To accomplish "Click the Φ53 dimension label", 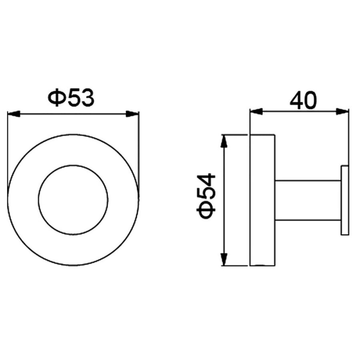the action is tap(71, 98).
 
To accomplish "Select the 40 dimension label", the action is tap(303, 100).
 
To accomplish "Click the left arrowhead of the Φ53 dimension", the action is tap(14, 114).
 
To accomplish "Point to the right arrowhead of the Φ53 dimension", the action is tap(133, 114).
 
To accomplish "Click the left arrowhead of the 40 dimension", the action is tap(256, 112).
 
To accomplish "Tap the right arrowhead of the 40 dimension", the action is tap(342, 112).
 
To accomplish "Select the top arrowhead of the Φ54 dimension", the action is tap(224, 141).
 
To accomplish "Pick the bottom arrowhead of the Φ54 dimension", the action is tap(224, 259).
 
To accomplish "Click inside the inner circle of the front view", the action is tap(73, 200).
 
